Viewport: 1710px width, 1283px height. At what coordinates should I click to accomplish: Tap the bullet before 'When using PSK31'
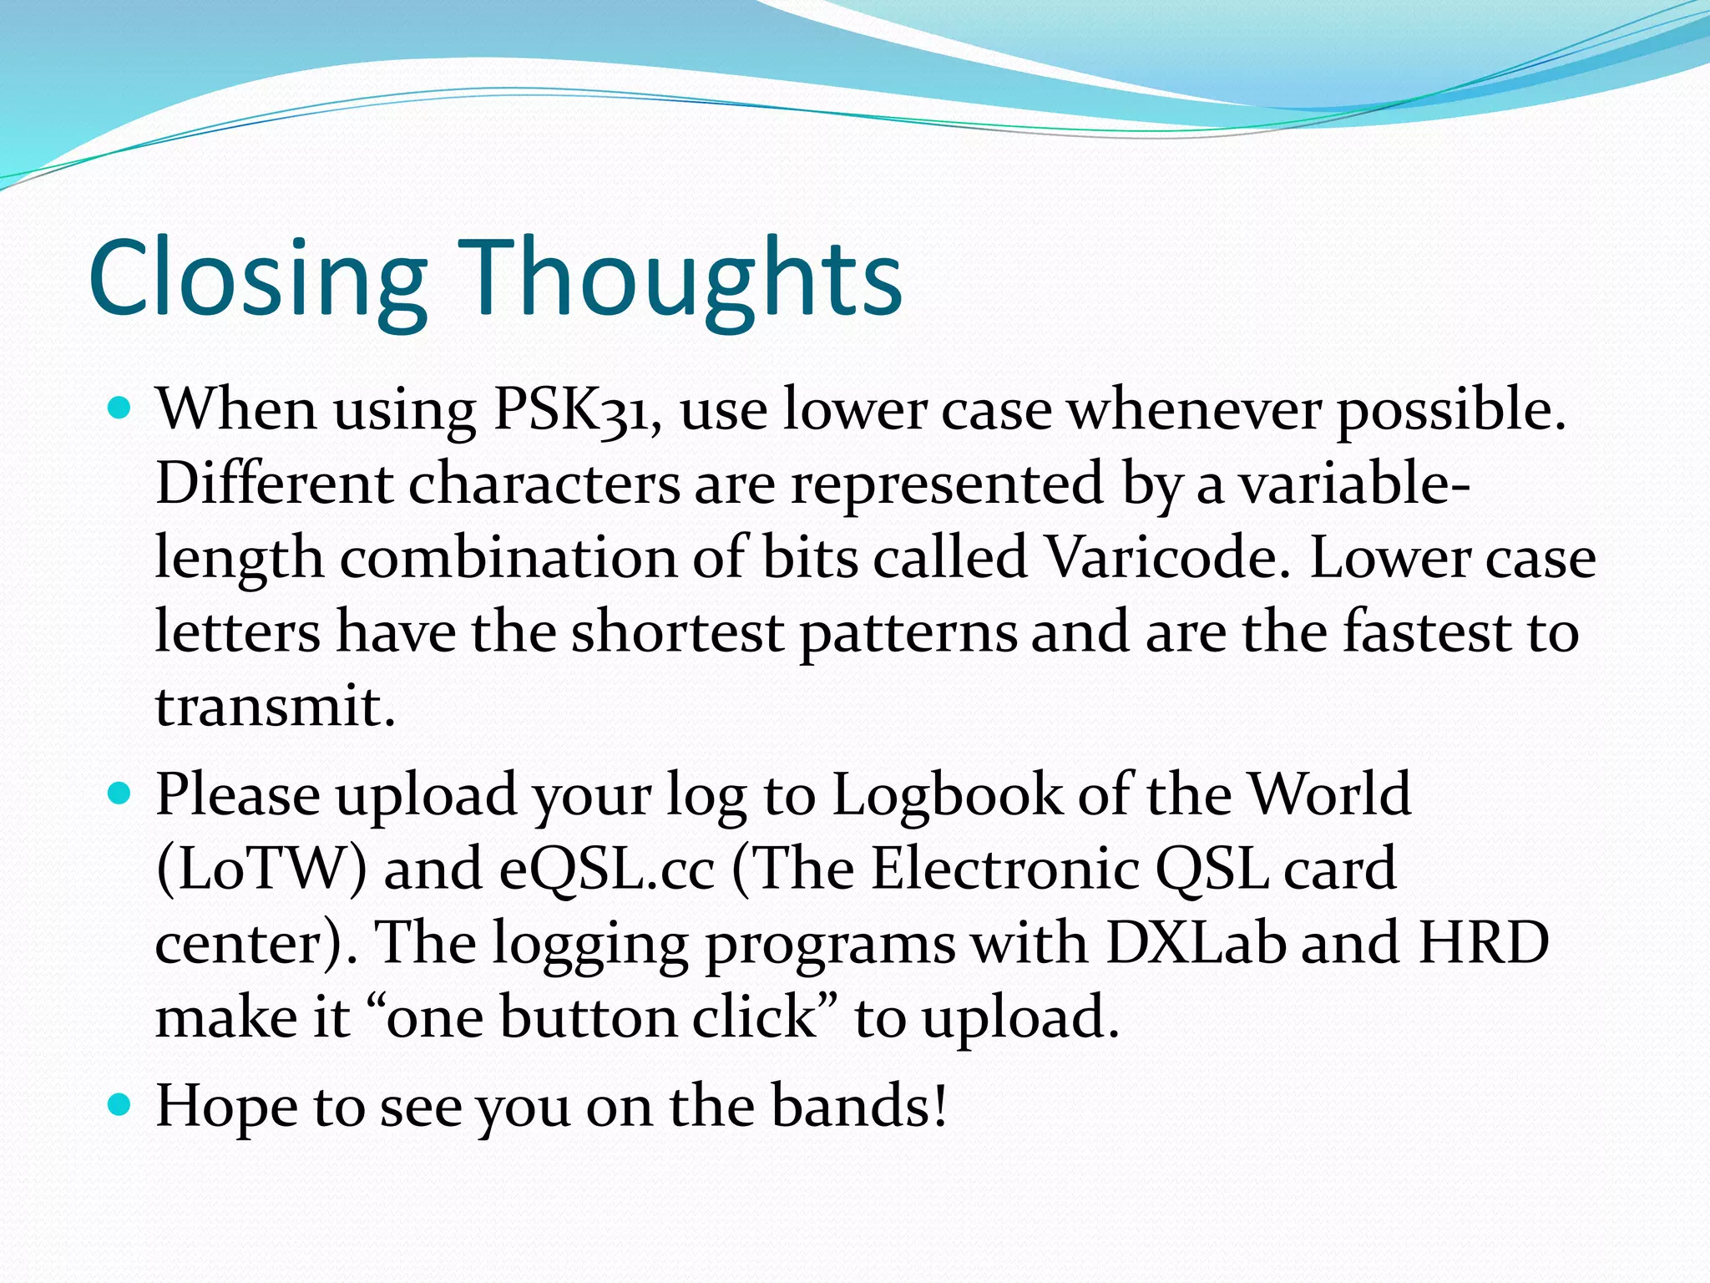[x=121, y=409]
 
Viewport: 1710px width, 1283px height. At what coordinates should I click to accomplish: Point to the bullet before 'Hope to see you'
[x=121, y=1106]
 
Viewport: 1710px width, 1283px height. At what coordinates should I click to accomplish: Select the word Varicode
[x=1161, y=558]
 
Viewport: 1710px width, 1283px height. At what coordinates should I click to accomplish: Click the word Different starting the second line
[x=274, y=484]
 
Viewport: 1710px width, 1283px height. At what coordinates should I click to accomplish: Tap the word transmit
[x=274, y=707]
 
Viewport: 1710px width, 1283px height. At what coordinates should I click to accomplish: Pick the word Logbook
[x=947, y=795]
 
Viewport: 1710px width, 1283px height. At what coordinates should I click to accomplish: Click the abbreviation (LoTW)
[x=261, y=869]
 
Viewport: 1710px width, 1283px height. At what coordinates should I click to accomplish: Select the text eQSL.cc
[x=607, y=869]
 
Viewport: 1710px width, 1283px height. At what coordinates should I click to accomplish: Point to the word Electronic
[x=1005, y=869]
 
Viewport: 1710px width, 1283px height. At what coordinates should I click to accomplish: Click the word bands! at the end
[x=859, y=1106]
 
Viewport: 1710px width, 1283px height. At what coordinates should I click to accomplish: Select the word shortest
[x=677, y=632]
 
